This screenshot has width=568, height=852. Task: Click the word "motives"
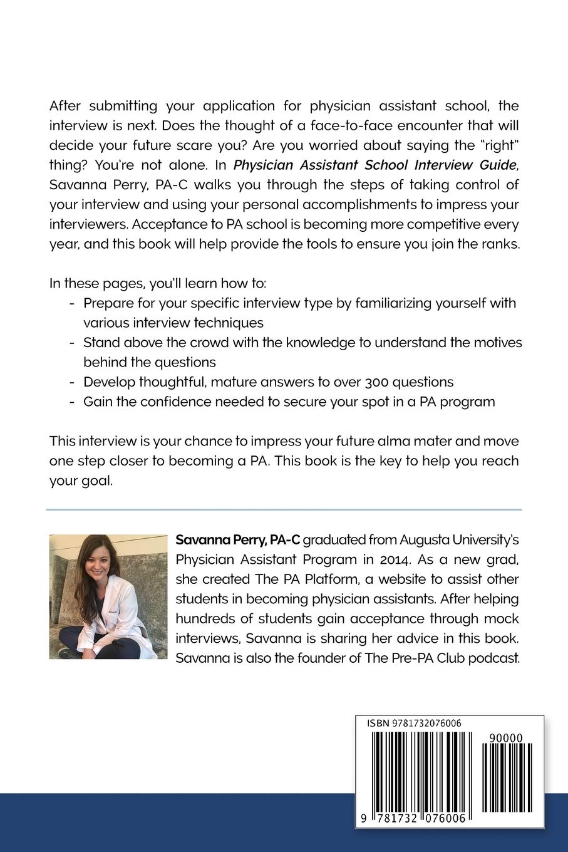(x=497, y=343)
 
